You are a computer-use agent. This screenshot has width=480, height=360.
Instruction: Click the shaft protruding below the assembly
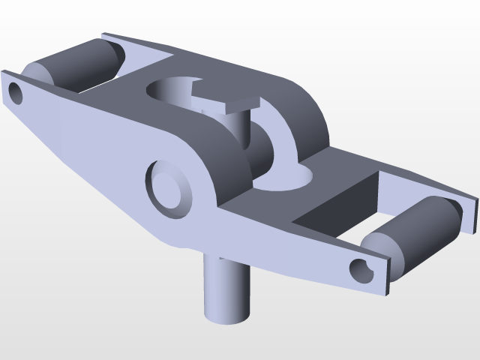[223, 289]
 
